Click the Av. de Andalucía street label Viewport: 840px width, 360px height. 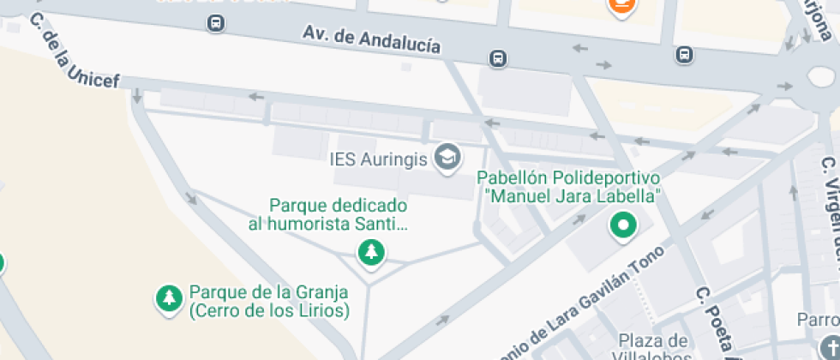(x=371, y=39)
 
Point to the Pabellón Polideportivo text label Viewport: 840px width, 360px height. (x=568, y=178)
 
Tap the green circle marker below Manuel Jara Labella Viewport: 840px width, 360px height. (x=622, y=227)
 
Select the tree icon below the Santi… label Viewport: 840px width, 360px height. (x=371, y=252)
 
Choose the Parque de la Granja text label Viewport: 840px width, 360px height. (x=269, y=301)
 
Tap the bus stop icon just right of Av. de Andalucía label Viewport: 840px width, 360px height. (x=497, y=58)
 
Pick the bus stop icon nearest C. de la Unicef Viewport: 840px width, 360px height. (x=216, y=23)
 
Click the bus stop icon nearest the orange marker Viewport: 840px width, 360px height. (x=684, y=55)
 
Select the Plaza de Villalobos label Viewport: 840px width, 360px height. (x=653, y=348)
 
